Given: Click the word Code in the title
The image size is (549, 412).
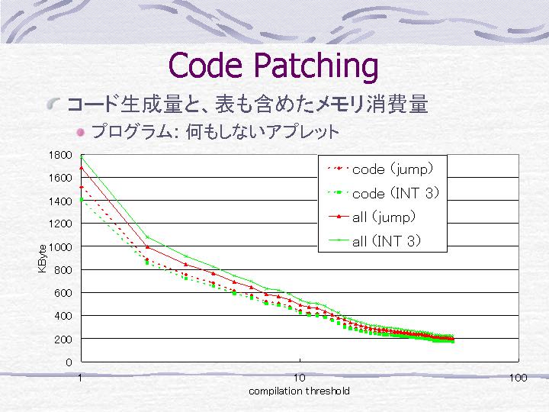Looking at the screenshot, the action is (x=205, y=65).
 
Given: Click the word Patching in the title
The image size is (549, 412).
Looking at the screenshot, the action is (x=316, y=67).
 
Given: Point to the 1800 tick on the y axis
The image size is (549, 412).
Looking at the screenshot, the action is (x=60, y=155).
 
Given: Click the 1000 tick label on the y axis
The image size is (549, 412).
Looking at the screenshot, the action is (x=60, y=247).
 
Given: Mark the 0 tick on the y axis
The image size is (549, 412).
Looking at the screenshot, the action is (x=69, y=362).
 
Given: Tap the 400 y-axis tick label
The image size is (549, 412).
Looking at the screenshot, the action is (x=63, y=316).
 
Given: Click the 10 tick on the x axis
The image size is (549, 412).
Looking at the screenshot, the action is (x=300, y=378).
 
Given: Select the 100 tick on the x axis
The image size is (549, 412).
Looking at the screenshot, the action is (x=518, y=378).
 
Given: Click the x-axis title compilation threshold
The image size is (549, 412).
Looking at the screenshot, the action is (x=299, y=391).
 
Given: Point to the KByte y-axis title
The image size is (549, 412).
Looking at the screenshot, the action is (x=42, y=259).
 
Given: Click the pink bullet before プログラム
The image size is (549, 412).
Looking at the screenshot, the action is (x=81, y=133).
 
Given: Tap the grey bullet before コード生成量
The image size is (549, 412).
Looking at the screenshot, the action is (x=53, y=104).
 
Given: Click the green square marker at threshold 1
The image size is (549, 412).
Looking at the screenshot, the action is (x=82, y=200).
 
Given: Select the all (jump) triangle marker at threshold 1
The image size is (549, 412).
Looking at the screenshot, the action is (x=82, y=168).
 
